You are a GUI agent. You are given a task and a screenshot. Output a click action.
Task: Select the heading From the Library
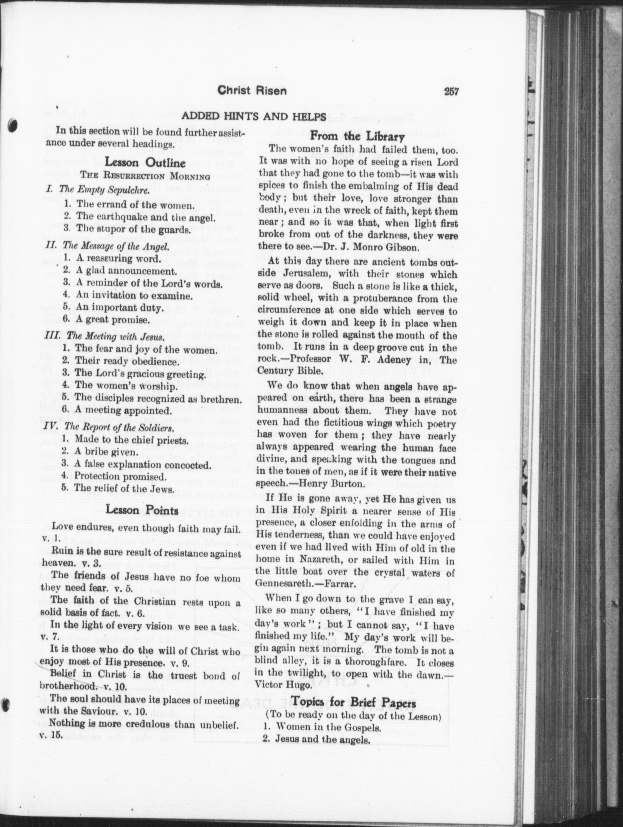pos(358,137)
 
